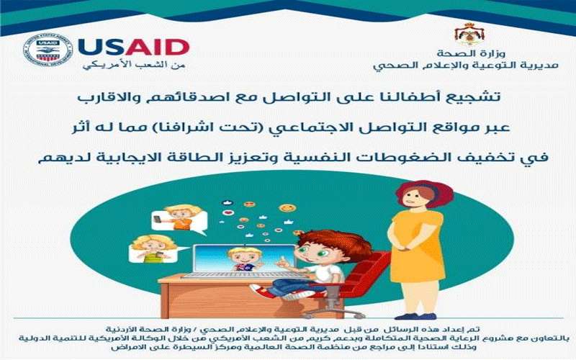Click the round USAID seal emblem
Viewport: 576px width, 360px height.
click(48, 50)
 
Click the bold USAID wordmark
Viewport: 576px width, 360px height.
click(134, 46)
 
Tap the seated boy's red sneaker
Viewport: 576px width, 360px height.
click(264, 292)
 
